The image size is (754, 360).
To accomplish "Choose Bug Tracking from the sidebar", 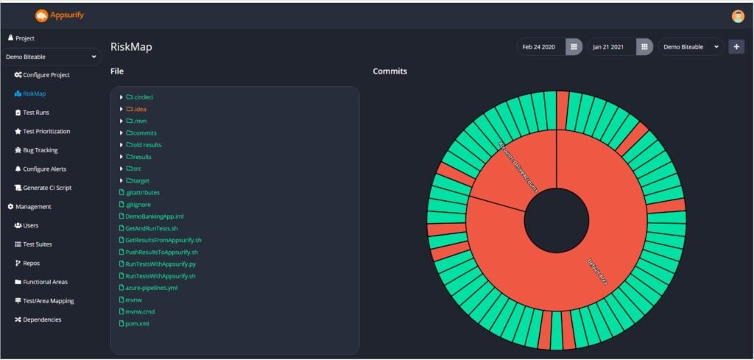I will [x=40, y=150].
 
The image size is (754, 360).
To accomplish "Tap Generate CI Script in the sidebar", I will [x=52, y=188].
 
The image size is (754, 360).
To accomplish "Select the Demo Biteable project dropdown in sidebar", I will [x=52, y=56].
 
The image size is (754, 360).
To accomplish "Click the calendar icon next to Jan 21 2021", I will [x=644, y=47].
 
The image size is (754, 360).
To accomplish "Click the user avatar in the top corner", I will [x=738, y=16].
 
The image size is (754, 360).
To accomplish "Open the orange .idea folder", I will [x=135, y=109].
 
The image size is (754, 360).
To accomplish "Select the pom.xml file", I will [x=137, y=323].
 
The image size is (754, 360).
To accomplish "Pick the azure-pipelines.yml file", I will [x=151, y=288].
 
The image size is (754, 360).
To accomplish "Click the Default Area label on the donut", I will [x=596, y=271].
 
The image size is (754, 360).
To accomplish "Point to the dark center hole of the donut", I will [x=556, y=219].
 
